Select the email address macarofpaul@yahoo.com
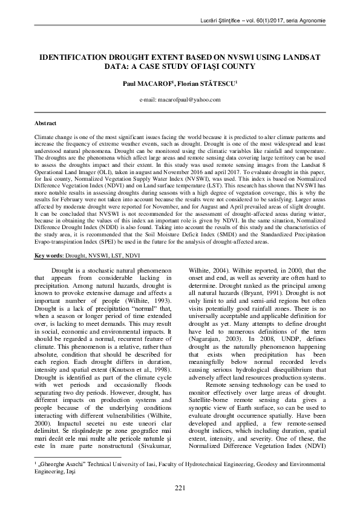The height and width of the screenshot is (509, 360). pyautogui.click(x=180, y=99)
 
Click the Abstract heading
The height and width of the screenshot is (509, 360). pyautogui.click(x=46, y=123)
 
